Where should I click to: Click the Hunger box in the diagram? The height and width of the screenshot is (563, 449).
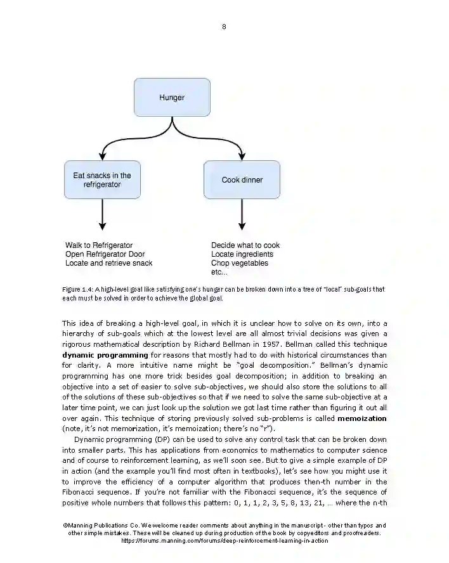(172, 97)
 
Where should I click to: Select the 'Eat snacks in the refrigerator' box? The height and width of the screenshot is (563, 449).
(102, 179)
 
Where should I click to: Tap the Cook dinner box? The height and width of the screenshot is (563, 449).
(242, 179)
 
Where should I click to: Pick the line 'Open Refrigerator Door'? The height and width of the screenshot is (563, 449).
(105, 254)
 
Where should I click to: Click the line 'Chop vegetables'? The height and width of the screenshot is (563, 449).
(240, 263)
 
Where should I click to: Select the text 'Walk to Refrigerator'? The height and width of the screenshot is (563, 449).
(99, 245)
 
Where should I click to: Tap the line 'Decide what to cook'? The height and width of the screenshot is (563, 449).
(245, 245)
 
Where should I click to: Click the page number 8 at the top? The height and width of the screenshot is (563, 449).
(224, 27)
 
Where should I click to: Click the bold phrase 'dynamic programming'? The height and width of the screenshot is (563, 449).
(105, 355)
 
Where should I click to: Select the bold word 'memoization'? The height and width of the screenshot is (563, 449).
(362, 418)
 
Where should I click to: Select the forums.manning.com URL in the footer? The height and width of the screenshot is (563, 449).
(224, 541)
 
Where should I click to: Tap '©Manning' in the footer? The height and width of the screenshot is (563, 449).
(79, 526)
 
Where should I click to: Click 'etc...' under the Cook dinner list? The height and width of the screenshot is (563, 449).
(219, 272)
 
